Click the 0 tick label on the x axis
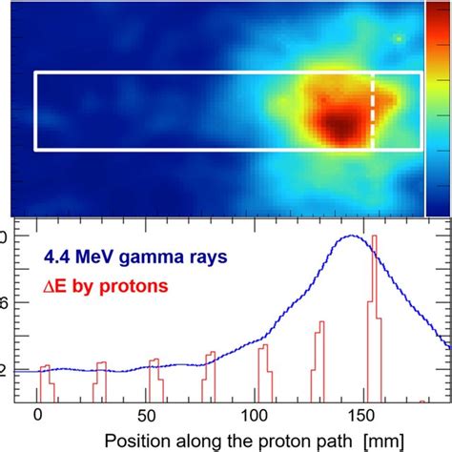click(37, 416)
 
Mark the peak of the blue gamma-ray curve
click(355, 236)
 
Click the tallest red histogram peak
click(373, 238)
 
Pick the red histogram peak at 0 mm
click(43, 366)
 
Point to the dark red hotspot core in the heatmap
click(337, 124)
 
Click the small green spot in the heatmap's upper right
click(399, 39)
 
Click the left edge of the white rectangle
click(35, 111)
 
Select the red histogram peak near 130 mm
click(318, 323)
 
